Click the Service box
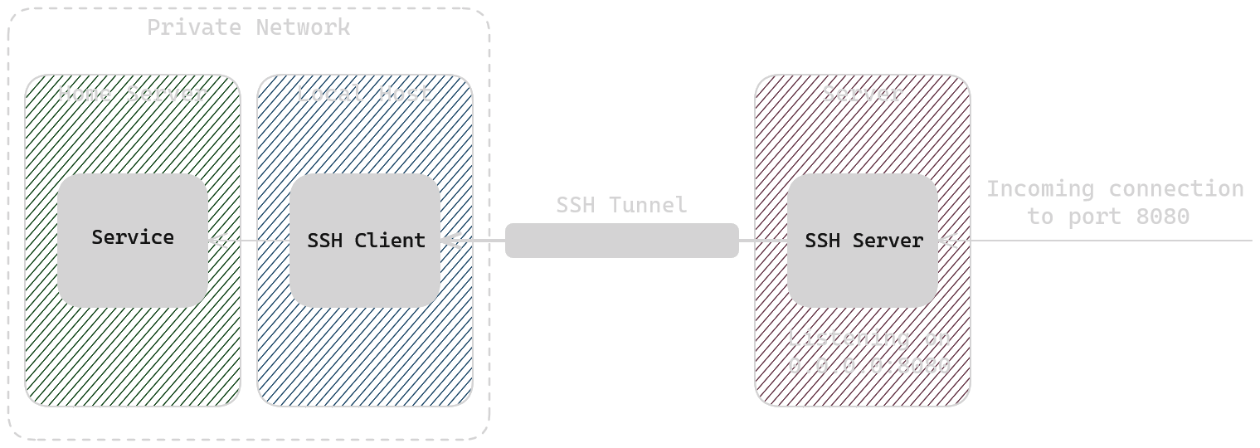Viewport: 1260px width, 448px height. (133, 239)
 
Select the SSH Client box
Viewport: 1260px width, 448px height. (365, 241)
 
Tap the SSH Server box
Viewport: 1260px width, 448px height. (863, 241)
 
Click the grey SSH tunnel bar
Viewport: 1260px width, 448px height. (622, 241)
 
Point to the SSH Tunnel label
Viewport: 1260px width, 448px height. (621, 204)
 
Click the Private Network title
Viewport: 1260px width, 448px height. (248, 27)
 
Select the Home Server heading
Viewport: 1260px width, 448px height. (132, 93)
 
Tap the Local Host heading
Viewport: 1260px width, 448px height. (364, 93)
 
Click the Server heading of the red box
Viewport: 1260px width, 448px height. (862, 93)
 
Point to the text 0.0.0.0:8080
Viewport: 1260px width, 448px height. (868, 365)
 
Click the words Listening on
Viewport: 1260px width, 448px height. (868, 338)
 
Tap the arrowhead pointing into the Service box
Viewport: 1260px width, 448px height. (217, 241)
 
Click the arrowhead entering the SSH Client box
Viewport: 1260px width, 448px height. (450, 241)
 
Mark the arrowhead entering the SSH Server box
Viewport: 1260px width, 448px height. (947, 241)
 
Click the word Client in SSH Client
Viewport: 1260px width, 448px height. (390, 241)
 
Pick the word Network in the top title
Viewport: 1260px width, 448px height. (303, 27)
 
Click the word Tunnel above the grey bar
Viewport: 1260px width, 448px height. (647, 204)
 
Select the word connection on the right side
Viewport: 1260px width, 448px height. (1176, 189)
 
